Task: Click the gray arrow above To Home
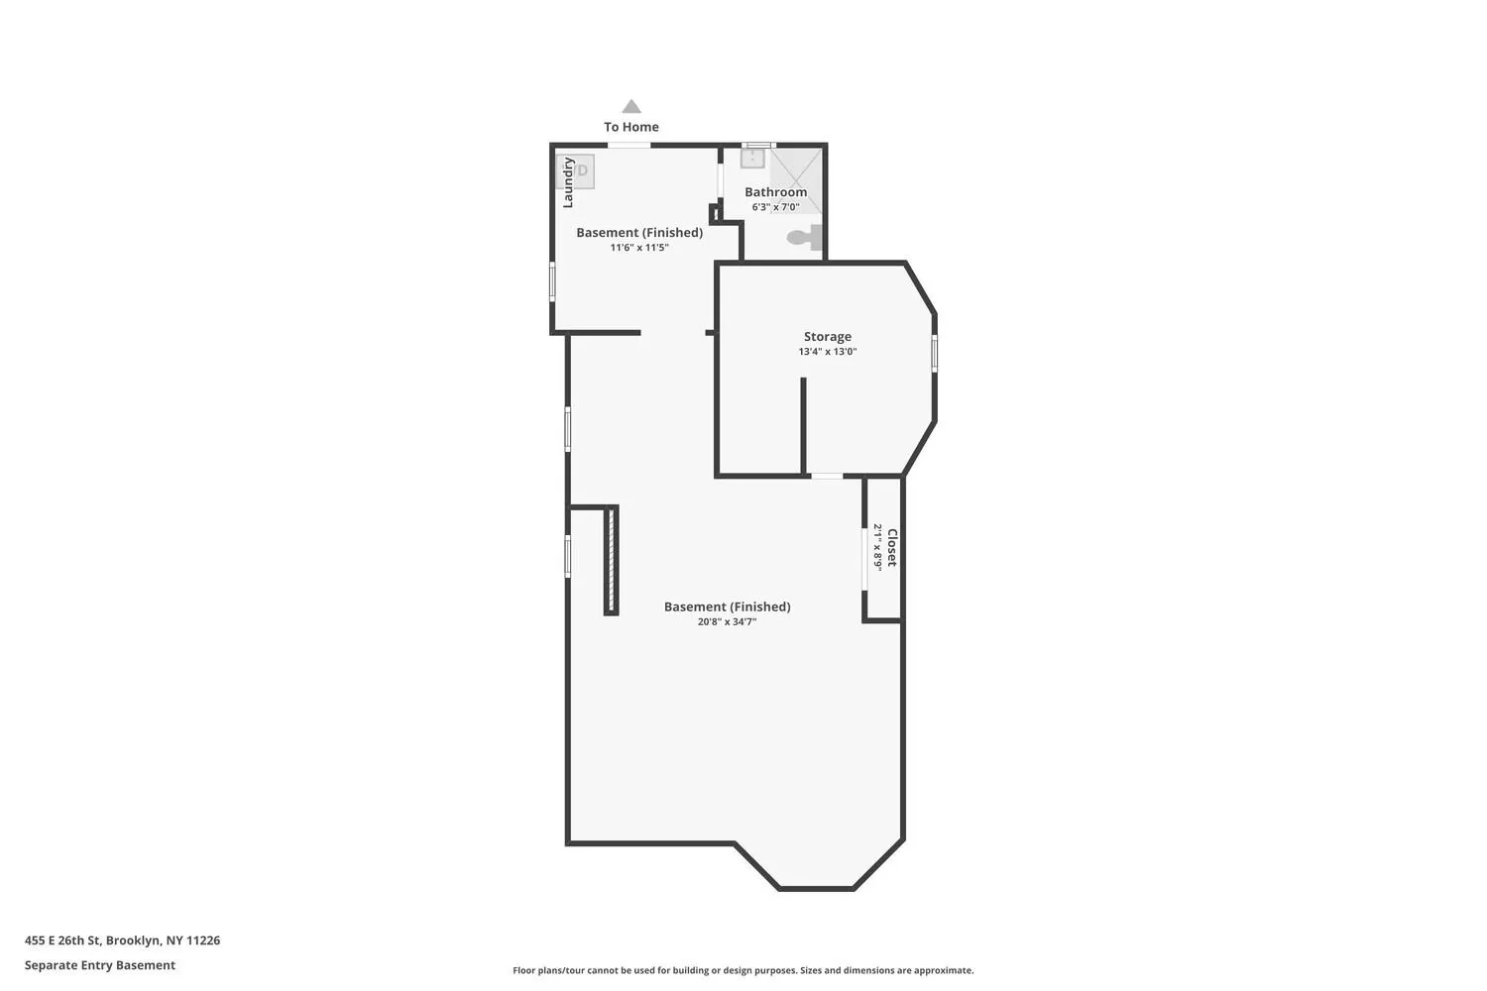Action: point(631,106)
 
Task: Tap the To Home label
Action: point(631,127)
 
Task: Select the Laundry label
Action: point(568,182)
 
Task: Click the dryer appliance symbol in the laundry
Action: point(576,171)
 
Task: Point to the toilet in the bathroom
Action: point(804,237)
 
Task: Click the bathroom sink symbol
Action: point(752,158)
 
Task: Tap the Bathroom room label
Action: point(775,192)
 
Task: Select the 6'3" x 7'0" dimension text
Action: point(775,207)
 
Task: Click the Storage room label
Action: point(827,337)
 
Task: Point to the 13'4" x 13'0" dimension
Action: point(827,352)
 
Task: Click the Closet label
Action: point(892,548)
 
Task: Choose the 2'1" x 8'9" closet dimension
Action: point(877,548)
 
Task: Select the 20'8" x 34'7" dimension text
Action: point(727,622)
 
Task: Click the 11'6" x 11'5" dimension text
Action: point(639,248)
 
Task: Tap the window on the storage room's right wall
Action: point(935,353)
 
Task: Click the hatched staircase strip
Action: point(612,560)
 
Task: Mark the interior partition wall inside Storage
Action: point(803,425)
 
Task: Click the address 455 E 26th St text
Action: point(62,939)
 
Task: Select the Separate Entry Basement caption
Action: point(99,965)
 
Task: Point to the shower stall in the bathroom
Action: point(797,180)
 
